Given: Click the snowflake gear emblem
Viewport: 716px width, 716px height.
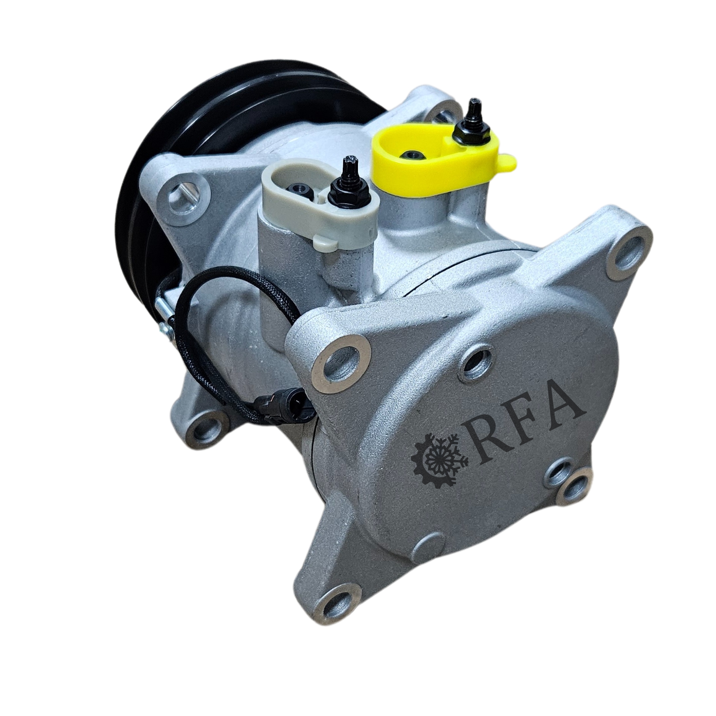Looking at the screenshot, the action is [x=440, y=461].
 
